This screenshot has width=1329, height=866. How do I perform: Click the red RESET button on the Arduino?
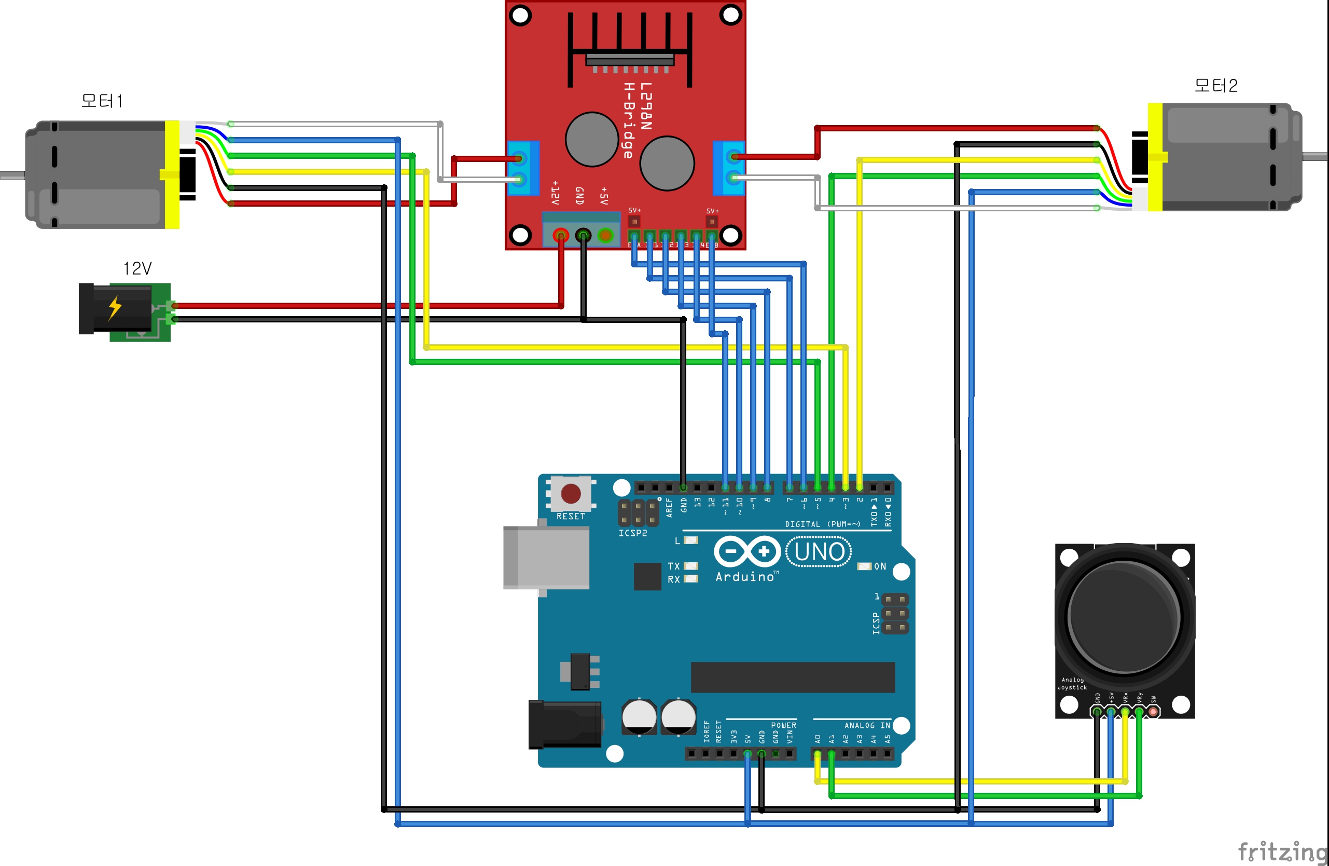coord(570,494)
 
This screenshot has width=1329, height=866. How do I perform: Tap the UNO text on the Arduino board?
coord(819,552)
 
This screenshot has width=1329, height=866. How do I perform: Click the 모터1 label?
coord(102,101)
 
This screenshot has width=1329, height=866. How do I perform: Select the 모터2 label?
coord(1215,86)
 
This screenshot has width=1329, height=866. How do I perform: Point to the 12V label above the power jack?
coord(137,269)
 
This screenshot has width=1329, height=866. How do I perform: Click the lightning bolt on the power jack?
coord(115,308)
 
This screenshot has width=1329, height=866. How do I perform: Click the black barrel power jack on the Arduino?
coord(564,724)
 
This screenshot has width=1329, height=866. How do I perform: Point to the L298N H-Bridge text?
coord(637,120)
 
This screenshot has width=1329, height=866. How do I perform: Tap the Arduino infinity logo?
coord(747,552)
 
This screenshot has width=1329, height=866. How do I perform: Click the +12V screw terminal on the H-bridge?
coord(561,235)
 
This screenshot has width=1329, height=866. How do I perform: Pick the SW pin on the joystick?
coord(1153,712)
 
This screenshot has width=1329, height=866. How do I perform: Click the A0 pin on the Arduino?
coord(818,754)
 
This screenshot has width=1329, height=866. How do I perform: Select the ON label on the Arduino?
coord(880,566)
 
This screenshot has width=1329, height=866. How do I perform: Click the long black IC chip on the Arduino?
coord(793,677)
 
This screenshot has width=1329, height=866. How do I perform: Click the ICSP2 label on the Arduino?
coord(633,534)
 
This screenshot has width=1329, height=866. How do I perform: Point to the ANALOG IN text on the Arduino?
coord(867,725)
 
